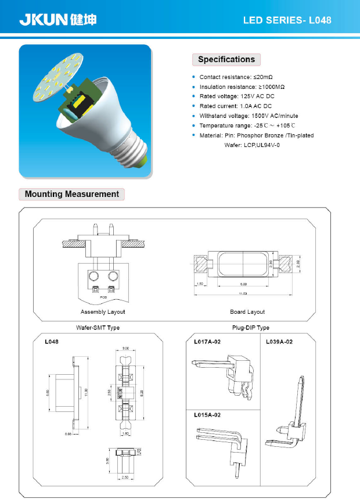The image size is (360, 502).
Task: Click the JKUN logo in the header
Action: pos(57,20)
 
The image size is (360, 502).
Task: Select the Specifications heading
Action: pos(226,59)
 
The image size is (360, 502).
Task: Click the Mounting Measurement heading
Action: pos(71,194)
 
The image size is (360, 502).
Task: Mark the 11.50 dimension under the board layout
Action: pos(243,294)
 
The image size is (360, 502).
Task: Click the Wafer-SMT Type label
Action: pos(98,328)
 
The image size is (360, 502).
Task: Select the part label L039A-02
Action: pos(280,342)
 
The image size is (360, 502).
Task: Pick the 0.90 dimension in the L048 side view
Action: pos(68,433)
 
